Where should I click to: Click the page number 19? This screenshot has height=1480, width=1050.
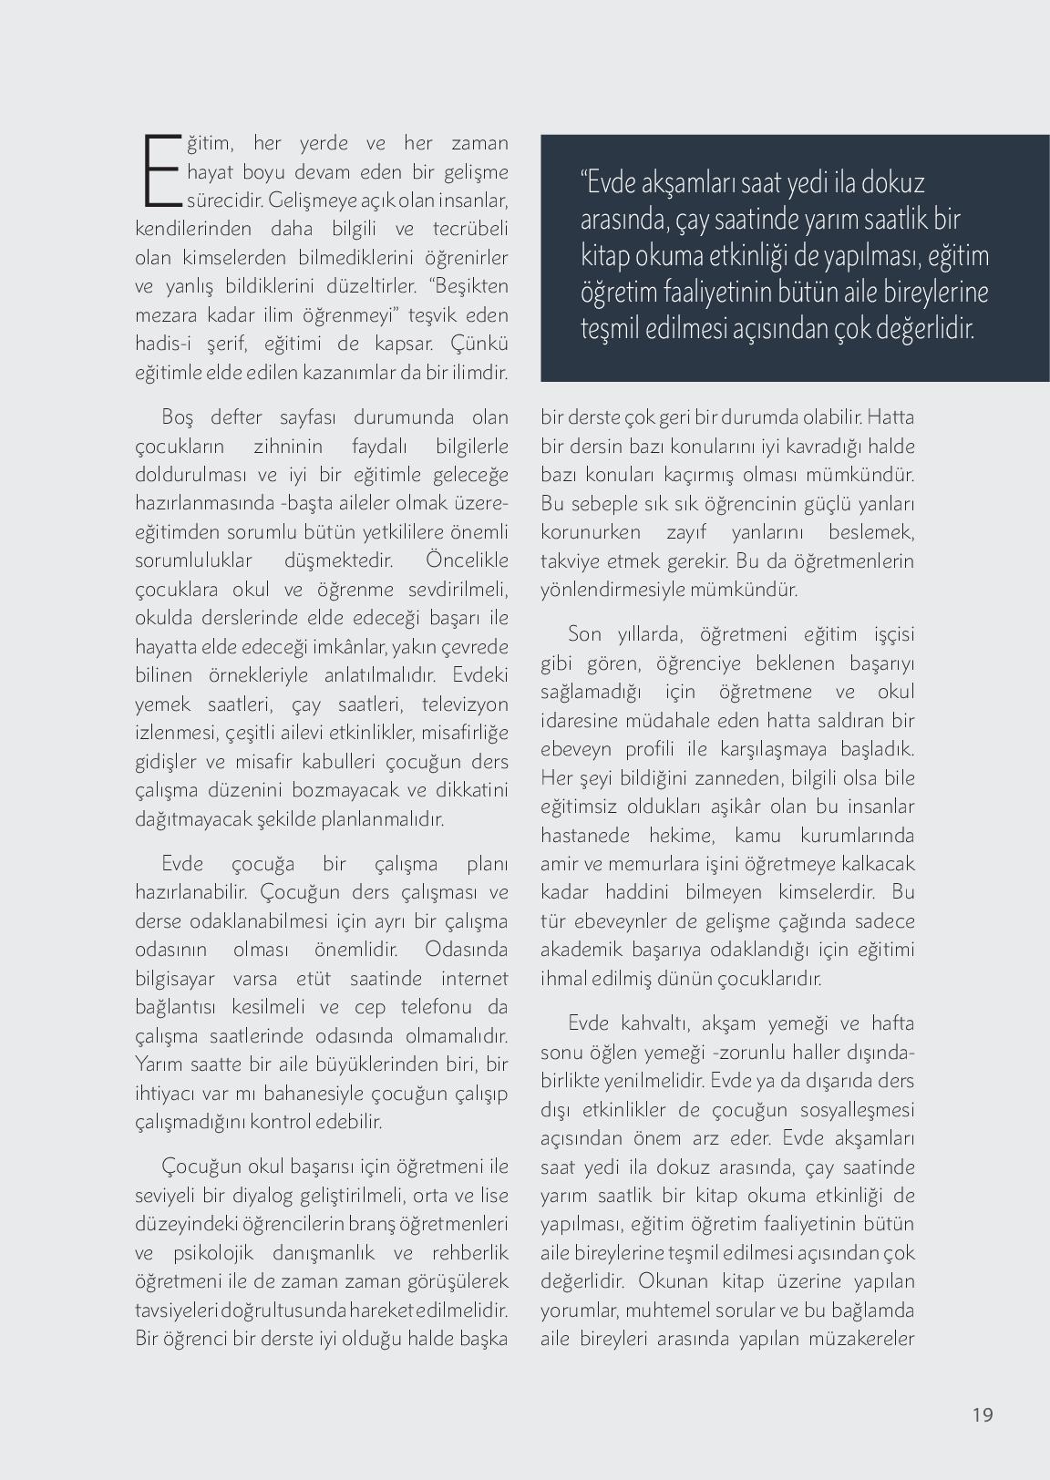(982, 1414)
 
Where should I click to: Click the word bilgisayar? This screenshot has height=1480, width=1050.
(175, 979)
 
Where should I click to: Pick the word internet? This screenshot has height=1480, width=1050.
(474, 979)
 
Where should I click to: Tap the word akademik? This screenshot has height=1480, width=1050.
(579, 950)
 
